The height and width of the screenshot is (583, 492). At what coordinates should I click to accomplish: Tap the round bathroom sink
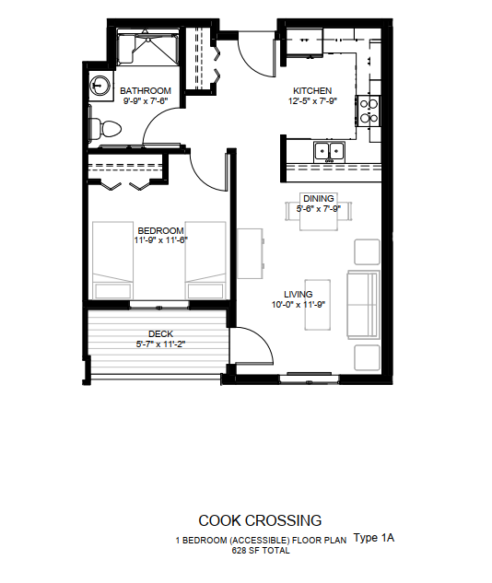[x=100, y=86]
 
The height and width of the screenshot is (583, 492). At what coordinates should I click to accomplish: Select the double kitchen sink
[x=329, y=152]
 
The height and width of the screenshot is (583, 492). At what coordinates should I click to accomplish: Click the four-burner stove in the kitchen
[x=369, y=111]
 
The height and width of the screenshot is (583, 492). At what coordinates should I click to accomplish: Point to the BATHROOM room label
[x=146, y=91]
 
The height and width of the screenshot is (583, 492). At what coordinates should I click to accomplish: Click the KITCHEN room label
[x=312, y=91]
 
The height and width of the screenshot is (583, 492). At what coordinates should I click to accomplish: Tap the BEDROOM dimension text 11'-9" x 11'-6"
[x=161, y=240]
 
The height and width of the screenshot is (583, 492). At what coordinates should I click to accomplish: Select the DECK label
[x=160, y=334]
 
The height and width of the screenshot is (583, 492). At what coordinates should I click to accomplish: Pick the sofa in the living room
[x=363, y=305]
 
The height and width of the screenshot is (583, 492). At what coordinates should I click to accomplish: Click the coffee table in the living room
[x=318, y=305]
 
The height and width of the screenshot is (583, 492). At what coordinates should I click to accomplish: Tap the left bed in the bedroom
[x=112, y=261]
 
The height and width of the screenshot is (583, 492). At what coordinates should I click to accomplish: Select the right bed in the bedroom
[x=205, y=261]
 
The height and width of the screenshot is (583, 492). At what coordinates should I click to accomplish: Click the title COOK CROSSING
[x=260, y=520]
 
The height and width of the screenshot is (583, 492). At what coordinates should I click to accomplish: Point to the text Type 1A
[x=374, y=538]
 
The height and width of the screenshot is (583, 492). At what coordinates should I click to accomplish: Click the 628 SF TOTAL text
[x=261, y=551]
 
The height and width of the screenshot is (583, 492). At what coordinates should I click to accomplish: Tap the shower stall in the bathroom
[x=148, y=48]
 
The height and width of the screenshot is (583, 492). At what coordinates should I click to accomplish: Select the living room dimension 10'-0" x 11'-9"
[x=299, y=305]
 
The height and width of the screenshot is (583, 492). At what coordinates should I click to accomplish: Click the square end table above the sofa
[x=367, y=252]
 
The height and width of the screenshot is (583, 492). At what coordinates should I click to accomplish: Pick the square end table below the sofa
[x=367, y=357]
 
